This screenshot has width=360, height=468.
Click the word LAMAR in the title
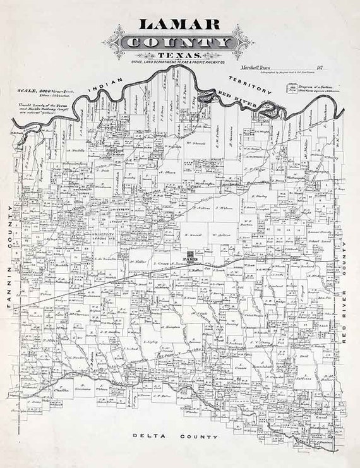pyautogui.click(x=179, y=24)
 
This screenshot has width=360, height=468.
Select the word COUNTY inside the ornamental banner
pyautogui.click(x=179, y=42)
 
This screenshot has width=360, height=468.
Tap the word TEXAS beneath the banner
pyautogui.click(x=179, y=56)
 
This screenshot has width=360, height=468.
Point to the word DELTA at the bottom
pyautogui.click(x=146, y=436)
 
